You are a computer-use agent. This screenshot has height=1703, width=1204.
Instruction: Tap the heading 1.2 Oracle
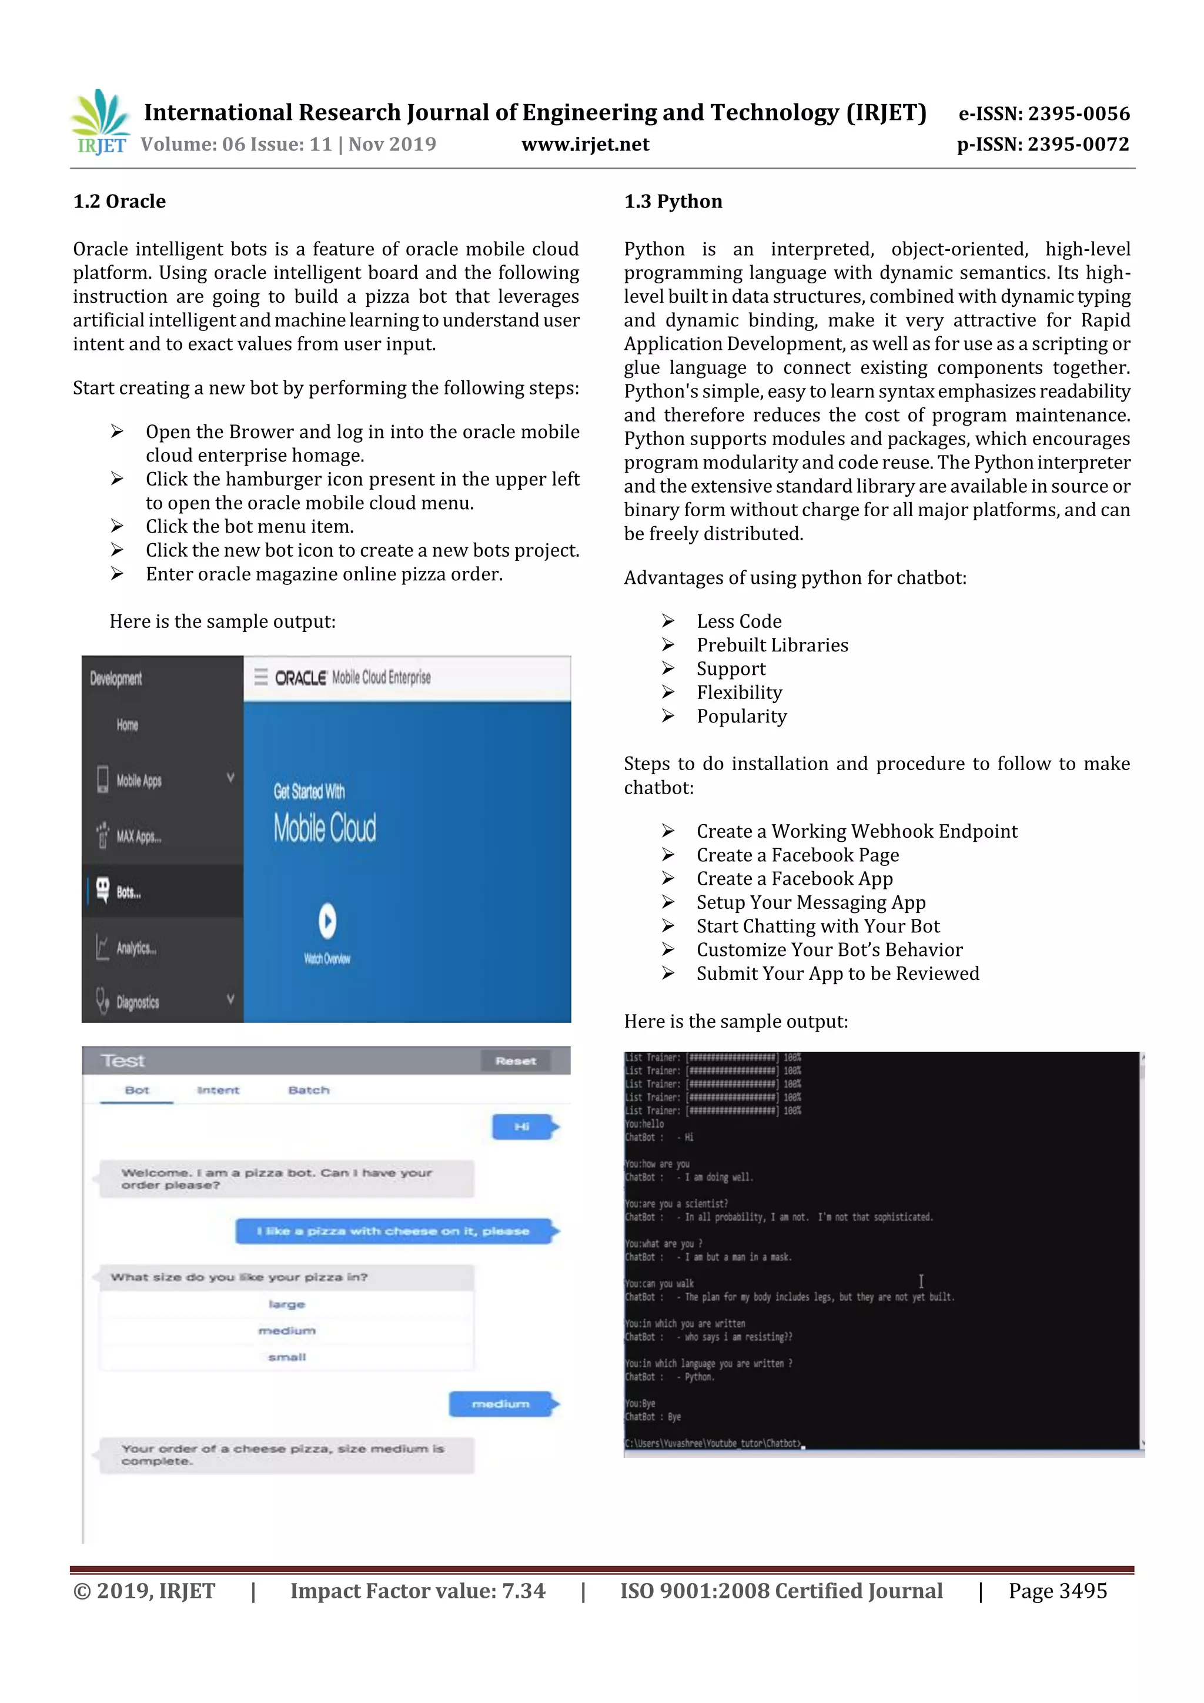(119, 201)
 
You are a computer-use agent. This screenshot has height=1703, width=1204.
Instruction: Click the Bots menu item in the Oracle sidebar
(128, 892)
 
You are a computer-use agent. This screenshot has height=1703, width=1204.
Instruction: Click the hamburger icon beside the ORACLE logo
(260, 677)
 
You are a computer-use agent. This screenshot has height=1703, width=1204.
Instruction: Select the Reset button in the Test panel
(515, 1060)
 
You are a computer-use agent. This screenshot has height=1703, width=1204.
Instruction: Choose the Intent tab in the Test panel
(218, 1090)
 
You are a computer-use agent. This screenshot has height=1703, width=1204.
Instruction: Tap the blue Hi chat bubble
(521, 1127)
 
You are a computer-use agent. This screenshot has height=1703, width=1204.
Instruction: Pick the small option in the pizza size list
(286, 1357)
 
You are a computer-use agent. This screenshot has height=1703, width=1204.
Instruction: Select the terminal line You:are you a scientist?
(676, 1204)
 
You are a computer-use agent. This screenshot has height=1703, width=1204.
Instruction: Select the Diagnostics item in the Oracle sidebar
(137, 1002)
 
